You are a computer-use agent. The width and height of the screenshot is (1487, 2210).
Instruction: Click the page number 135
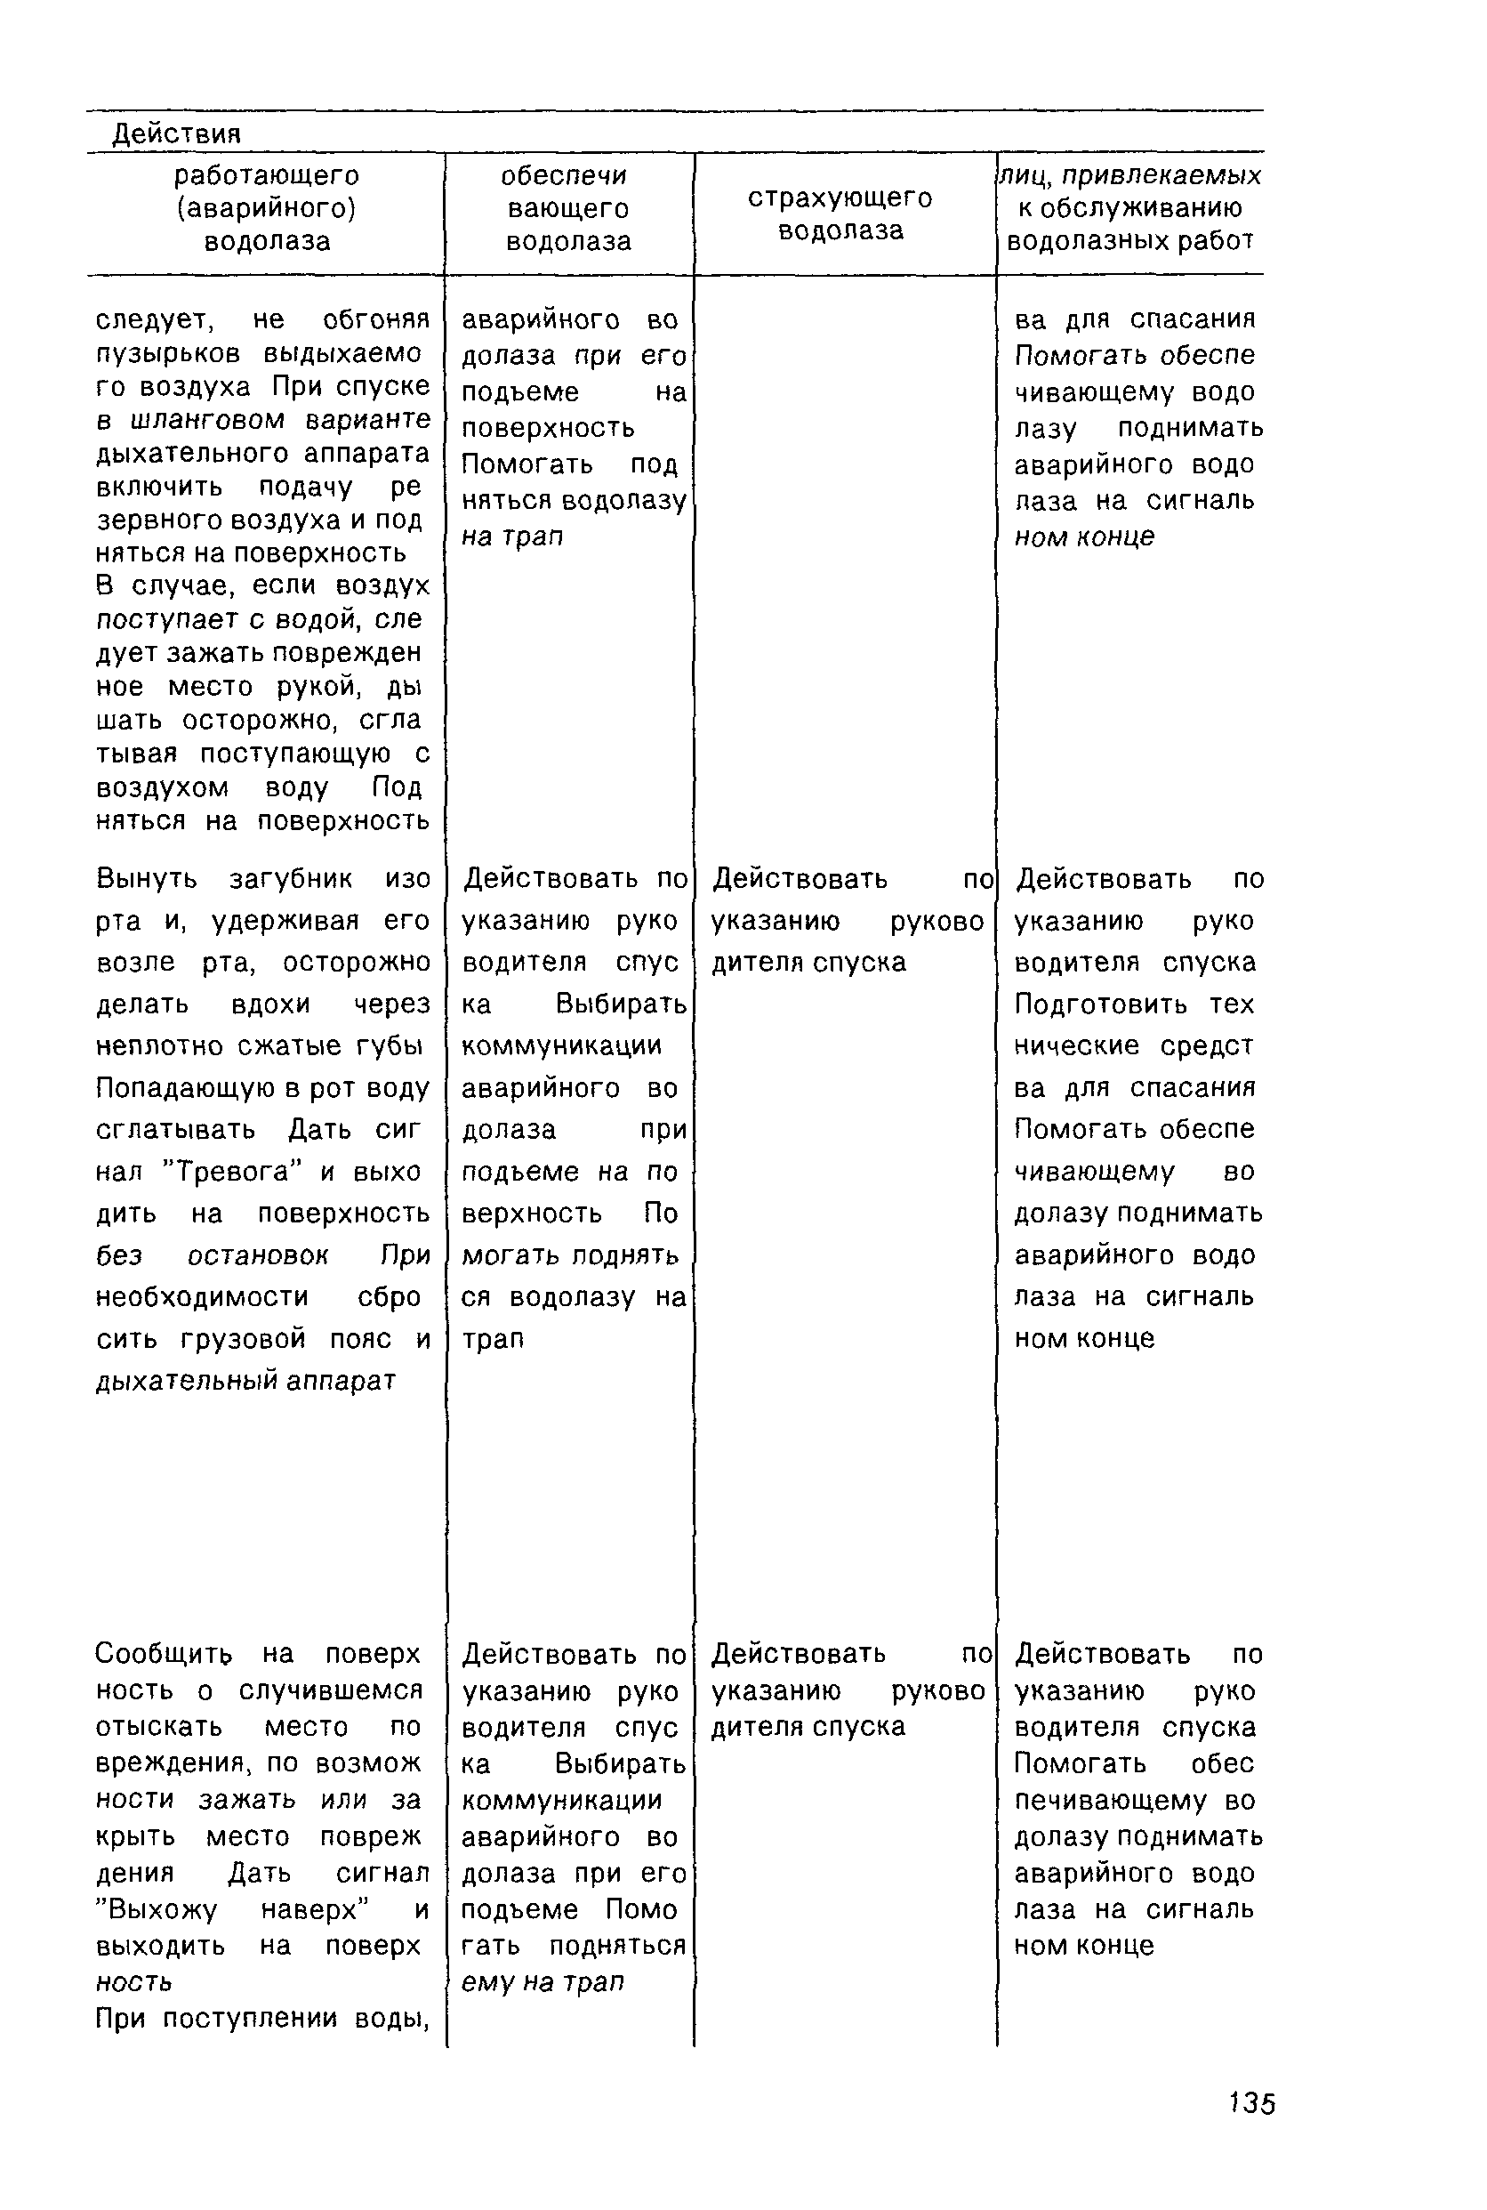coord(1252,2103)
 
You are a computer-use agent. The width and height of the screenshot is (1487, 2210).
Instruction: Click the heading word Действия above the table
coord(176,134)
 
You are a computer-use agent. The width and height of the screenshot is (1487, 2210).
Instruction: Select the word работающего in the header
coord(267,175)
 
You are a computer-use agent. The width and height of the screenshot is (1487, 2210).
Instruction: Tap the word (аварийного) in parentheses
coord(267,207)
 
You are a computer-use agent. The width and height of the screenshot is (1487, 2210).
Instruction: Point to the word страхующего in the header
coord(840,198)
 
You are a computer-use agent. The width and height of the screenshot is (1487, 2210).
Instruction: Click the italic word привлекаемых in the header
coord(1161,175)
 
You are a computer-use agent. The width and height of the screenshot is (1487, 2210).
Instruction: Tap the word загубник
coord(290,878)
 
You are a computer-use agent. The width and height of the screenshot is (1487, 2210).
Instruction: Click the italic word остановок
coord(258,1254)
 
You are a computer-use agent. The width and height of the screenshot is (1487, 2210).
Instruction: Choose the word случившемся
coord(331,1690)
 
